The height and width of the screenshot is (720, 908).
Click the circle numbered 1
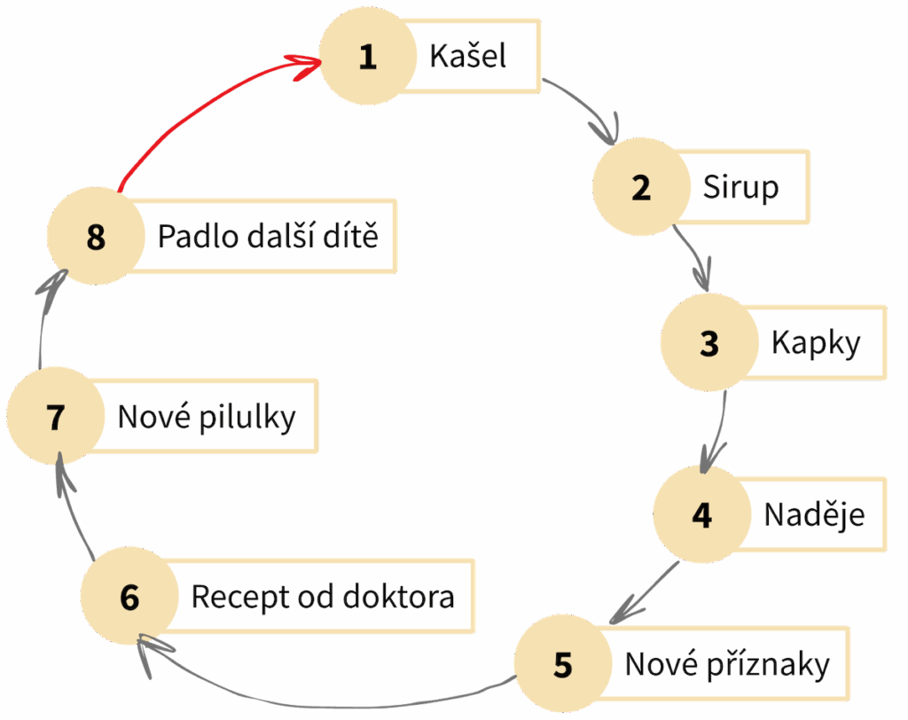point(367,58)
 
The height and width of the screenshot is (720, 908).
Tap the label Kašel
point(468,56)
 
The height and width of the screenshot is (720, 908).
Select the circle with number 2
point(641,188)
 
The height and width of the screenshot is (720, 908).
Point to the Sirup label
point(740,188)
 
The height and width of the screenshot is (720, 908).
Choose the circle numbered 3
point(708,344)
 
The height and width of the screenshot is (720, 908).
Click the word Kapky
point(815,344)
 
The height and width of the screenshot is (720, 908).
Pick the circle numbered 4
point(701,515)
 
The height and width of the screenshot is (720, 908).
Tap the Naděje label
point(814,514)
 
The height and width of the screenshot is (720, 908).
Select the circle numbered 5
point(563,665)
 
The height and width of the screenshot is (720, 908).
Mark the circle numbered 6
point(129,597)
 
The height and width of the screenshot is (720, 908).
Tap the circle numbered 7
point(56,417)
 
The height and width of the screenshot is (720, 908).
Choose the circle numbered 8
point(96,238)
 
